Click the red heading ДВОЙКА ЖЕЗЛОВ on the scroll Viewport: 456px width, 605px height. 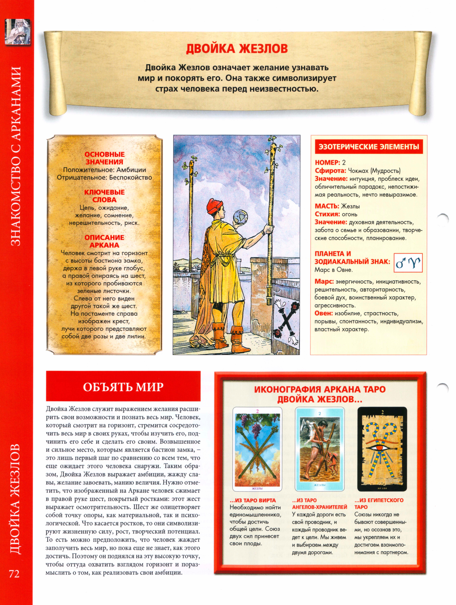click(x=237, y=49)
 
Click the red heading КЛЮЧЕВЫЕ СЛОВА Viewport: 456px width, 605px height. click(x=104, y=196)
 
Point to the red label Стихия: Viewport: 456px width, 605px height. click(x=327, y=214)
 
